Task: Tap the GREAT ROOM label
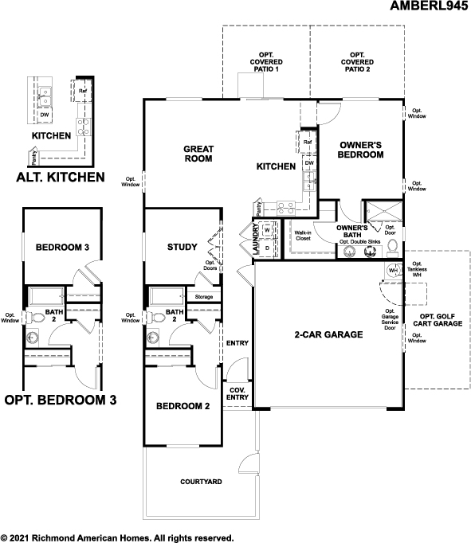click(x=198, y=154)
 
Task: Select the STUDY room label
click(x=182, y=247)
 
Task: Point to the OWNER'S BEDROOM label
click(x=361, y=150)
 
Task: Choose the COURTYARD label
click(x=200, y=482)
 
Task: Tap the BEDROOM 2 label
click(x=183, y=406)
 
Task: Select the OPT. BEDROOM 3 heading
click(x=61, y=400)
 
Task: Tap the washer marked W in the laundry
click(x=268, y=231)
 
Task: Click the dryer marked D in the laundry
click(x=268, y=248)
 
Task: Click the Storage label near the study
click(x=204, y=297)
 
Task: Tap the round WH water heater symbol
click(x=392, y=271)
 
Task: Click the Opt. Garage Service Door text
click(x=390, y=321)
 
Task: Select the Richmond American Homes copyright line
click(x=116, y=537)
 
